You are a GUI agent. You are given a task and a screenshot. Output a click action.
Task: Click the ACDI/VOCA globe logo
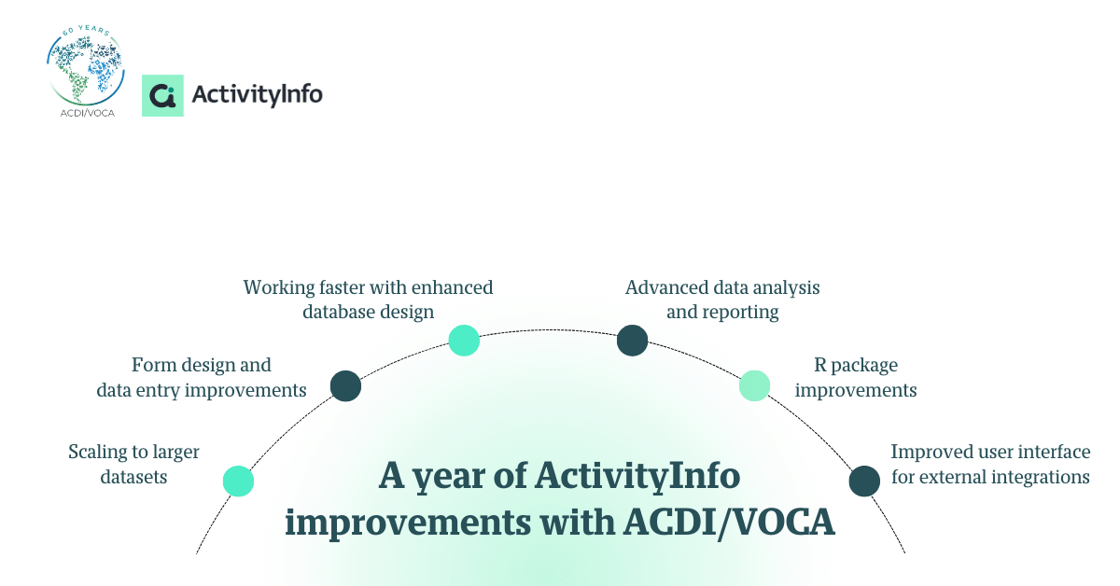click(x=86, y=71)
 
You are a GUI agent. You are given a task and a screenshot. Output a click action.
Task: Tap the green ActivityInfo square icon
click(x=162, y=95)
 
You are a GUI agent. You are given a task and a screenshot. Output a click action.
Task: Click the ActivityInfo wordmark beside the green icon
click(x=257, y=95)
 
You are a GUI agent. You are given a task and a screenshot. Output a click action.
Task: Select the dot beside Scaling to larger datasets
click(x=239, y=481)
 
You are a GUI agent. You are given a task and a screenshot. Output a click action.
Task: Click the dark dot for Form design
click(x=345, y=385)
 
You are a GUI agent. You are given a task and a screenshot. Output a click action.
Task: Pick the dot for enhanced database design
click(x=464, y=341)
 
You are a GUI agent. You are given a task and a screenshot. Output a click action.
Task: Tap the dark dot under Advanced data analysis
click(x=633, y=341)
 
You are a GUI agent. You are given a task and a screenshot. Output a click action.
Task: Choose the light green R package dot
click(x=754, y=385)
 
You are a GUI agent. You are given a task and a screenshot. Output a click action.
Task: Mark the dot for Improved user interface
click(x=864, y=481)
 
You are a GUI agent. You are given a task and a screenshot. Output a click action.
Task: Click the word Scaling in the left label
click(x=97, y=453)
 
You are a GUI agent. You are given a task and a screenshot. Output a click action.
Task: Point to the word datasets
click(x=133, y=477)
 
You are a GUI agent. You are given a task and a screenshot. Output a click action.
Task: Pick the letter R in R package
click(x=820, y=365)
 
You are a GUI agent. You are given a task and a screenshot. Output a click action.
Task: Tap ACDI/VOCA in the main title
click(x=730, y=523)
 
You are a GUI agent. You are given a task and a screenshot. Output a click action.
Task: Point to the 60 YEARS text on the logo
click(x=86, y=31)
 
